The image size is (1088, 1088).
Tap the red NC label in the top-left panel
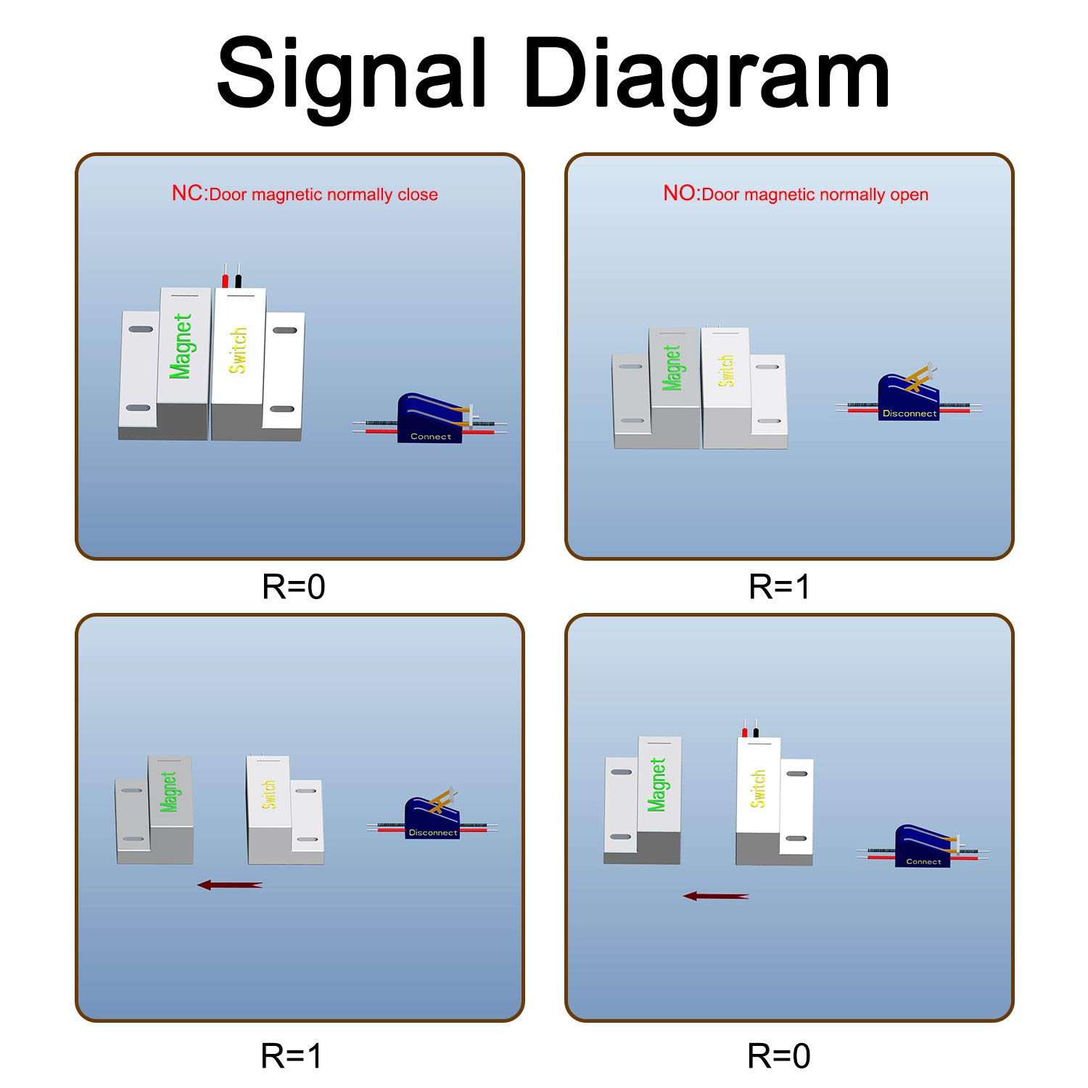[x=188, y=194]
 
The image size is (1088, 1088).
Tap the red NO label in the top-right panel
[x=680, y=194]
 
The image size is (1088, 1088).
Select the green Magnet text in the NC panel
[x=181, y=346]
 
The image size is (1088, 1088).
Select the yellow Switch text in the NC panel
[x=238, y=350]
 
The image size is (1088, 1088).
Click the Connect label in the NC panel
[x=431, y=437]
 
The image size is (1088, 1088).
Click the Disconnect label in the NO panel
[x=910, y=413]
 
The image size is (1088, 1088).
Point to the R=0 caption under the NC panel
[x=293, y=587]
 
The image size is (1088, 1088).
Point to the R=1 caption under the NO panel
[x=779, y=587]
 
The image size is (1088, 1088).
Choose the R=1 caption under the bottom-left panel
[x=291, y=1056]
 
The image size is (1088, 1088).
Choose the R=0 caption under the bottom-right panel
[x=779, y=1056]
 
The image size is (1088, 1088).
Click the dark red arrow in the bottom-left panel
[x=230, y=885]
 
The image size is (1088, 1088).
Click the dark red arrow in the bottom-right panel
[x=716, y=897]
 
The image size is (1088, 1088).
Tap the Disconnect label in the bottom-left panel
[x=433, y=833]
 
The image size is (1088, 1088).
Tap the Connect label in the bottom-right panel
[x=923, y=862]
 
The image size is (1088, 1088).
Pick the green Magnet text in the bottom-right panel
[x=657, y=785]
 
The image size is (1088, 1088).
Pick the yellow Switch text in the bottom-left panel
[x=269, y=794]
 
